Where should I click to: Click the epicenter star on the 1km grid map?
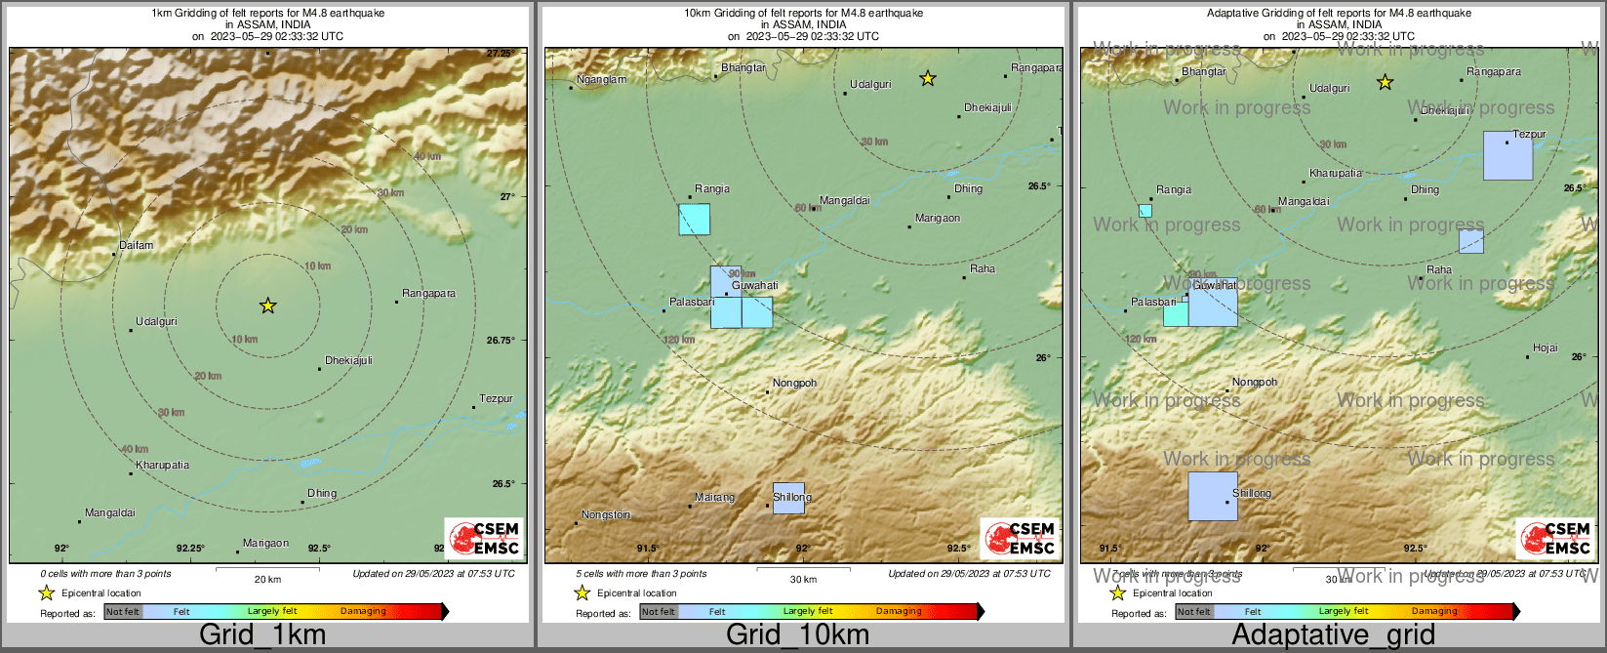[268, 306]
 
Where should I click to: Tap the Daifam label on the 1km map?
[137, 245]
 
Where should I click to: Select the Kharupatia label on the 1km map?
[162, 465]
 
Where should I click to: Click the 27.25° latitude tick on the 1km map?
[501, 54]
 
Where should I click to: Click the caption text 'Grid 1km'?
[262, 634]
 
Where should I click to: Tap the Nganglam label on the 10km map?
[601, 79]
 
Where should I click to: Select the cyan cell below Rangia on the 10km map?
[695, 220]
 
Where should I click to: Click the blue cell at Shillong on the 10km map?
[788, 498]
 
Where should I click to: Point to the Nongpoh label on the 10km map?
[794, 383]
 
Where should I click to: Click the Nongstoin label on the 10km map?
[606, 514]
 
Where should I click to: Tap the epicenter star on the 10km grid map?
[928, 78]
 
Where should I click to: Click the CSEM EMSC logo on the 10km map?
[1020, 538]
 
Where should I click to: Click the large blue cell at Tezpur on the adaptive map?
[1507, 155]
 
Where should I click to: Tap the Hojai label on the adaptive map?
[1546, 347]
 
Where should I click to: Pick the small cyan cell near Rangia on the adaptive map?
[1145, 210]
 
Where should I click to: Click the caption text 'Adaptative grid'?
[1333, 634]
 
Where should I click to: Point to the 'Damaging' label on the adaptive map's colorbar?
[1434, 611]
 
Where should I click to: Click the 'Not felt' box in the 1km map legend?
[123, 612]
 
